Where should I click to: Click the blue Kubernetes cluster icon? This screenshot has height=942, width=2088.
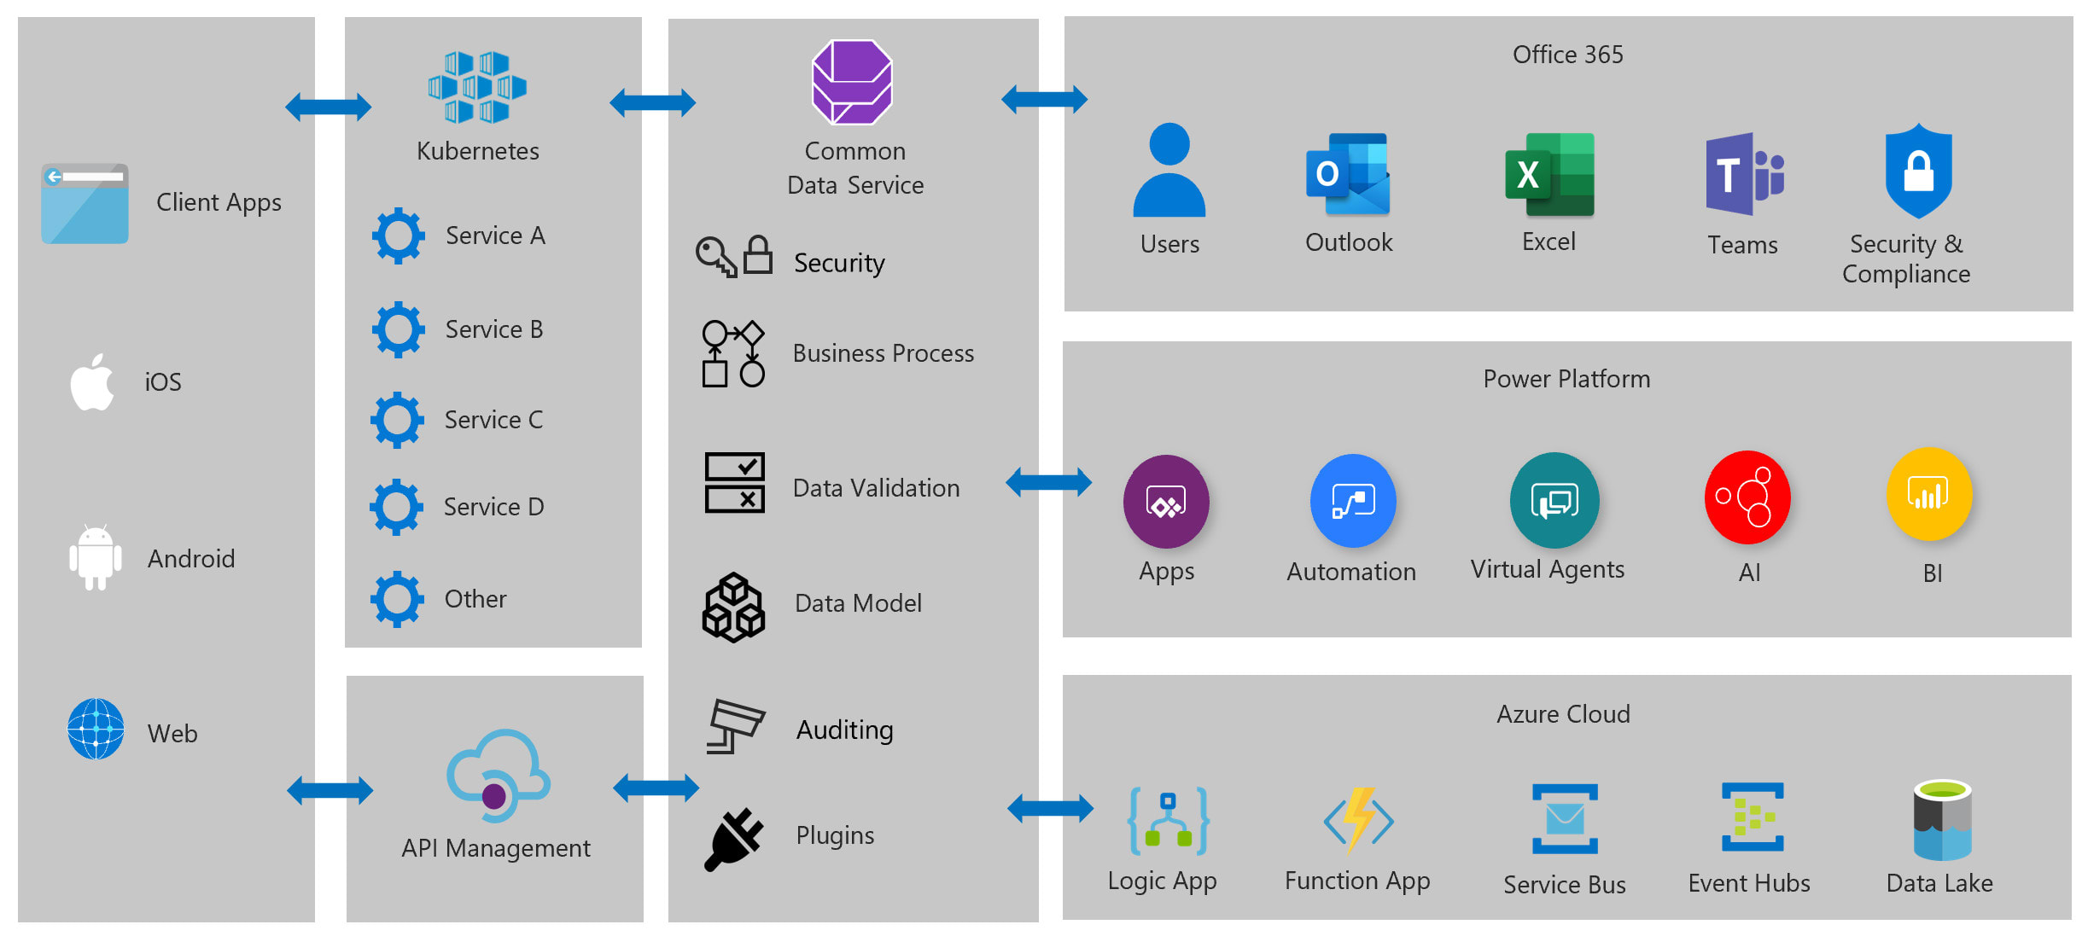click(x=477, y=87)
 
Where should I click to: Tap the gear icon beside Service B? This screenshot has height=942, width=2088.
click(x=398, y=329)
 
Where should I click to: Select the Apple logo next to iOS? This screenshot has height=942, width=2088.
click(x=92, y=382)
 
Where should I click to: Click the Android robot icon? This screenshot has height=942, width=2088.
click(x=95, y=557)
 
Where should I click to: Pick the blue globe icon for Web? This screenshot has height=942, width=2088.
click(x=96, y=730)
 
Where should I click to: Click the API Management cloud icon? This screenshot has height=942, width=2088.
click(x=498, y=776)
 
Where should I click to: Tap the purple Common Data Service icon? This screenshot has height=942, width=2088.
click(x=852, y=83)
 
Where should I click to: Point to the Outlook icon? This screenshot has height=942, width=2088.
click(x=1348, y=175)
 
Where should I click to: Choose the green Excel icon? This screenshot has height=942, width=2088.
click(x=1549, y=175)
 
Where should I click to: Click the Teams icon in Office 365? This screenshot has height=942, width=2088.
click(x=1743, y=175)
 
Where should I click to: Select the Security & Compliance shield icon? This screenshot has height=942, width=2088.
click(x=1918, y=171)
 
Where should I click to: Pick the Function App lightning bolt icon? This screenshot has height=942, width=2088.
click(x=1358, y=820)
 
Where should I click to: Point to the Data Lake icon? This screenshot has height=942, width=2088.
click(x=1942, y=820)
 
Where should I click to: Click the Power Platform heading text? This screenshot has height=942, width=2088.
click(x=1566, y=379)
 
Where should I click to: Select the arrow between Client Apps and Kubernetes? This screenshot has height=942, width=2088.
click(x=329, y=108)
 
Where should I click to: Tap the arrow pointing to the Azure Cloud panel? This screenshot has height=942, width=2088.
click(x=1050, y=808)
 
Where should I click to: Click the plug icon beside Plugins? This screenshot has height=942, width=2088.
click(x=733, y=839)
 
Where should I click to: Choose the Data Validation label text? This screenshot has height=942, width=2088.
click(x=876, y=488)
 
